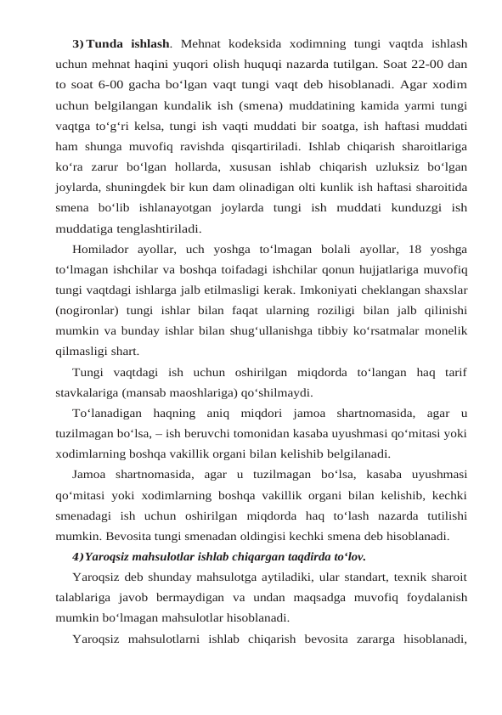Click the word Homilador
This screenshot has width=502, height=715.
[x=101, y=250]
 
